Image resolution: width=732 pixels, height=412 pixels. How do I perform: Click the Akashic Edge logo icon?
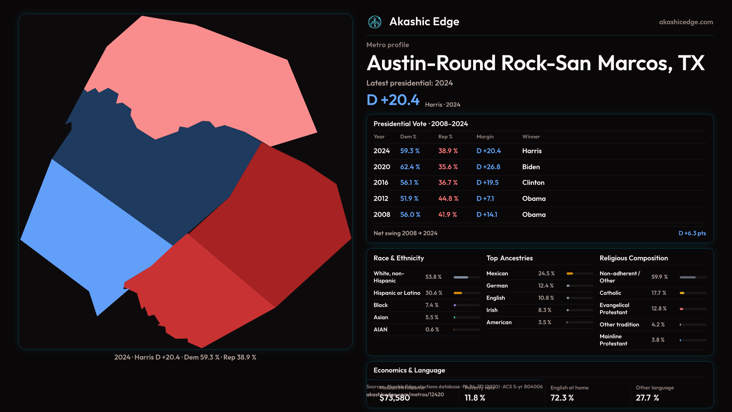coord(375,22)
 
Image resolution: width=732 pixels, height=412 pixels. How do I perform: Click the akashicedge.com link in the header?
coord(686,22)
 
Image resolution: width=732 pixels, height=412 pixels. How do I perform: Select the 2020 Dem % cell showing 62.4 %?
coord(410,167)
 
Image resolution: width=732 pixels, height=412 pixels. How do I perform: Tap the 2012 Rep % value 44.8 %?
coord(448,199)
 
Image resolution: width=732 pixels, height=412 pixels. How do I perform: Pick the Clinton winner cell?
coord(533,183)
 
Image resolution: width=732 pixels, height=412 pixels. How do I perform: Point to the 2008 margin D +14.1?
coord(487,215)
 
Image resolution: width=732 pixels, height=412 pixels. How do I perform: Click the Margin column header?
coord(485,137)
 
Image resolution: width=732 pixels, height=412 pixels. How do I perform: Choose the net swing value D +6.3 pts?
coord(692,233)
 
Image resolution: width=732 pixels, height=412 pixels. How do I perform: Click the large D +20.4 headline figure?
coord(393,100)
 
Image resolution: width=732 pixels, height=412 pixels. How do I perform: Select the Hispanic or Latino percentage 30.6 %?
coord(433,293)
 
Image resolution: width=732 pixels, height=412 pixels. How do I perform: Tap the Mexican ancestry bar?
coord(579,274)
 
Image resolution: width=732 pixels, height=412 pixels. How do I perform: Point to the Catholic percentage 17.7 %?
coord(658,293)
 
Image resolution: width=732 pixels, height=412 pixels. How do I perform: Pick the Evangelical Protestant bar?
coord(692,309)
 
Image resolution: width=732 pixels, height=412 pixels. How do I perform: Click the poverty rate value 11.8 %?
coord(475,398)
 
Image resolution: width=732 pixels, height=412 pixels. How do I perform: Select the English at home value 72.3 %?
coord(562,398)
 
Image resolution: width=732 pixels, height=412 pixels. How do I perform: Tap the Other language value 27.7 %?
coord(647,398)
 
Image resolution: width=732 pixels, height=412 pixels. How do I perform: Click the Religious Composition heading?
coord(633,258)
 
